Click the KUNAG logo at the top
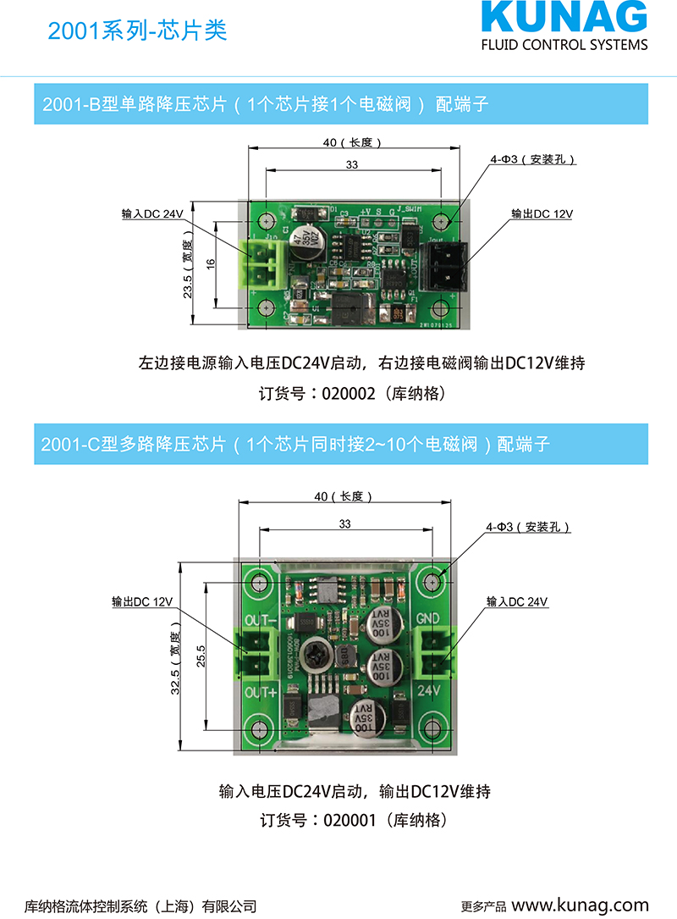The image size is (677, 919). (564, 19)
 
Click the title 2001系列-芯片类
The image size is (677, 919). (138, 31)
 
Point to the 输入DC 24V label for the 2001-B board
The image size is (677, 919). (152, 214)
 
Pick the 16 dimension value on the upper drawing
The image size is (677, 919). (211, 263)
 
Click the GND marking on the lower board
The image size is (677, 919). (429, 619)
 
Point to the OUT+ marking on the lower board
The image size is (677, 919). (261, 693)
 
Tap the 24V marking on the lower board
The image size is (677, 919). (430, 691)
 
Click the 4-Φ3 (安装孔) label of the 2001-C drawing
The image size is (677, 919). (527, 527)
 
